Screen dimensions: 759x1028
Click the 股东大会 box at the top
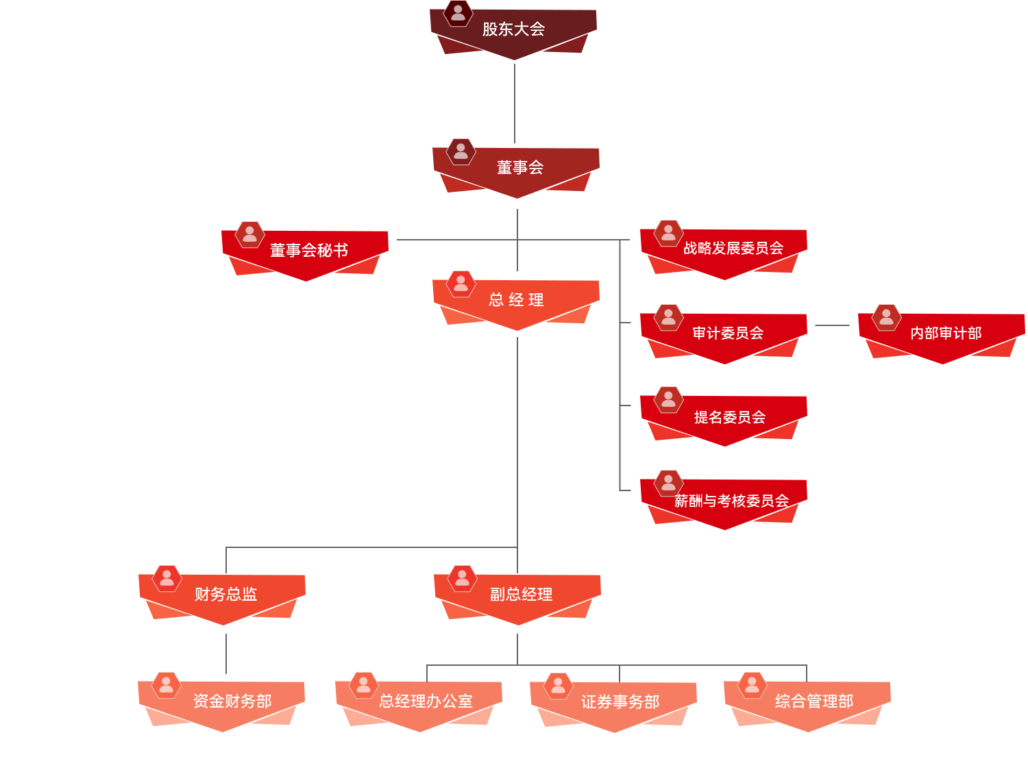513,29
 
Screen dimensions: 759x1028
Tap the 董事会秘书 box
308,251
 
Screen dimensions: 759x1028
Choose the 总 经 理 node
516,300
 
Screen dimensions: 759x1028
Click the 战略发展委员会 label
733,248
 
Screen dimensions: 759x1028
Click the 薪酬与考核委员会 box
731,501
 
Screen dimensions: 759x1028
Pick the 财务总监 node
225,594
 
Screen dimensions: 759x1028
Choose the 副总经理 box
520,594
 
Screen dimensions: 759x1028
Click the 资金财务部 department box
232,701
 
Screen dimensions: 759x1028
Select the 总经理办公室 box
425,701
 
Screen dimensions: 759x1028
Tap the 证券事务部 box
620,701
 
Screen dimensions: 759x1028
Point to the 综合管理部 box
813,701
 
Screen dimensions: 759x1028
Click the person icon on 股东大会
458,12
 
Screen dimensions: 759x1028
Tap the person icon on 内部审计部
886,316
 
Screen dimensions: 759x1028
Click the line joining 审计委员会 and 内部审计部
832,325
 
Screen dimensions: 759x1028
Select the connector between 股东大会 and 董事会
515,103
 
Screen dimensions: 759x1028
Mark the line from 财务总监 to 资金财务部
226,654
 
